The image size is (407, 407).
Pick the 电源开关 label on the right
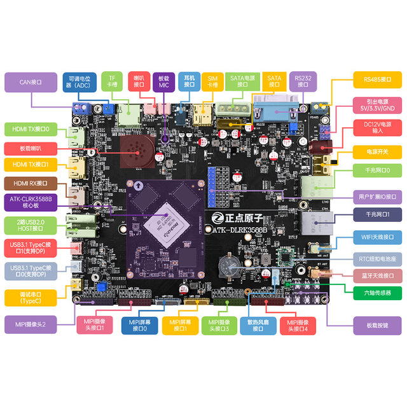375,153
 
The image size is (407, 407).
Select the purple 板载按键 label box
375,325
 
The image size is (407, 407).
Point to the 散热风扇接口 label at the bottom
258,325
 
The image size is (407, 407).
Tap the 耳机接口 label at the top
189,80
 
